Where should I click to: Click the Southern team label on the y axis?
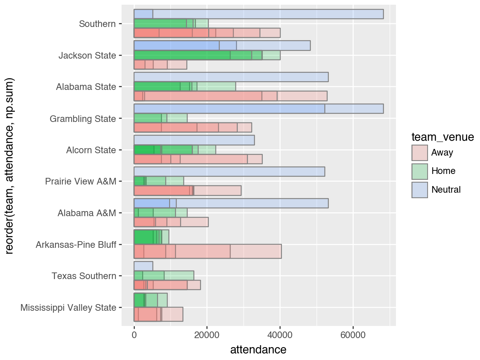pos(97,24)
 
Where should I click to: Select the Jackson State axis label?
pos(87,56)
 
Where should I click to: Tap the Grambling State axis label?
pos(82,118)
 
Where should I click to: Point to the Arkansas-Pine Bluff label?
pos(76,245)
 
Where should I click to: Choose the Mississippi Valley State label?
pos(68,308)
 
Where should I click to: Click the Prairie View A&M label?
pos(80,181)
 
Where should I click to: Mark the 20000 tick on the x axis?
pos(207,335)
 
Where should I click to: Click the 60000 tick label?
pos(353,335)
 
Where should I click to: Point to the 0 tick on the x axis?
pos(134,335)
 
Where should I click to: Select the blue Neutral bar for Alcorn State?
pos(194,140)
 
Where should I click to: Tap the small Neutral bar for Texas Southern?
pos(143,266)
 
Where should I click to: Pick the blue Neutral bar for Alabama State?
pos(231,77)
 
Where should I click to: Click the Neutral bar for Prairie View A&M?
pos(229,172)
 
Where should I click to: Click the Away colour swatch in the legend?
pos(419,152)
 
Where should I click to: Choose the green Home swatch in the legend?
pos(419,171)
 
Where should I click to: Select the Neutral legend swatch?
pos(419,190)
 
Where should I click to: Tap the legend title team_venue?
pos(442,137)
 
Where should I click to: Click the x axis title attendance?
pos(258,349)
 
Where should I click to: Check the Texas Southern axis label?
pos(84,276)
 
